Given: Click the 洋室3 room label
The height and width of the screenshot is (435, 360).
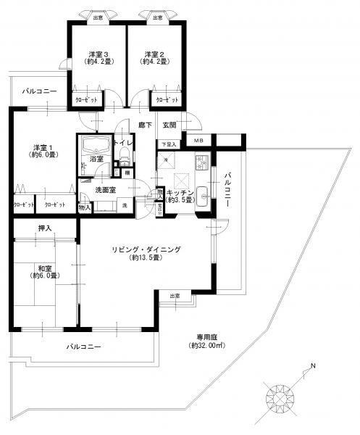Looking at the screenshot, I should click(99, 54).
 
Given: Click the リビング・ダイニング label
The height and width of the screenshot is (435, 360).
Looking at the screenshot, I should click(145, 249).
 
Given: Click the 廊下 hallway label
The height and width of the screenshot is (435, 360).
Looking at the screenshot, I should click(146, 125).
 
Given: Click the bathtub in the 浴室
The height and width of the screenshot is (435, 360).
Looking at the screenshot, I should click(94, 144).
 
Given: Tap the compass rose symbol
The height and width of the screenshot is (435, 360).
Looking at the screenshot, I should click(280, 396).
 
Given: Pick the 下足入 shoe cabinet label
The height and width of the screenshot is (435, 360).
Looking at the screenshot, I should click(168, 144).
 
